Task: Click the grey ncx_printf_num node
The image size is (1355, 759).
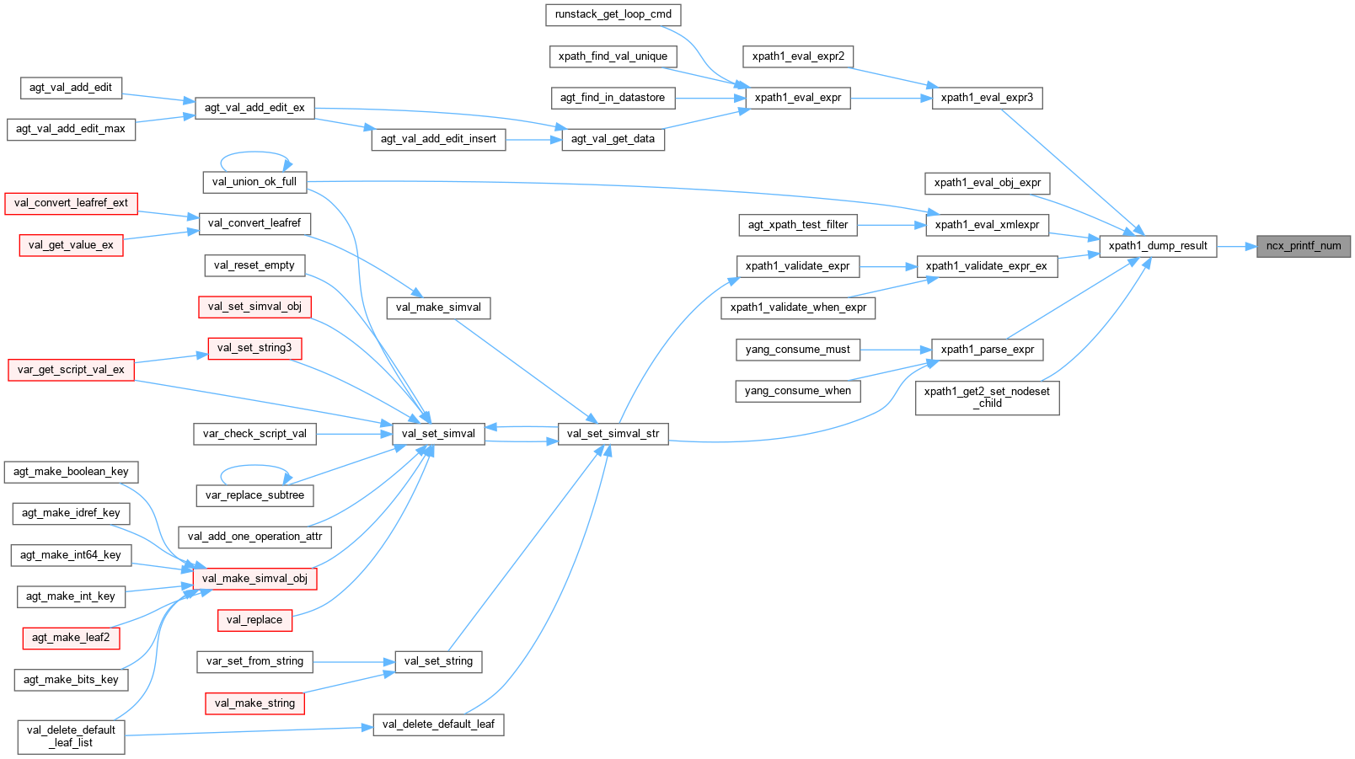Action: tap(1303, 246)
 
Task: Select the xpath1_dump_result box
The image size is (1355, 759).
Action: tap(1158, 246)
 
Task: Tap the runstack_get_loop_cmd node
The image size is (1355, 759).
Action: tap(613, 14)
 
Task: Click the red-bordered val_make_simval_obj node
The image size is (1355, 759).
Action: tap(254, 579)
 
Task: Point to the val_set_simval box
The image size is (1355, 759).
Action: tap(438, 434)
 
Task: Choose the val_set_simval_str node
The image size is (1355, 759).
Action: tap(613, 434)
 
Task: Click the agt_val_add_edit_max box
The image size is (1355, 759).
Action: tap(71, 129)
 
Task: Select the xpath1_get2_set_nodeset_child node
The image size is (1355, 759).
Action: tap(987, 398)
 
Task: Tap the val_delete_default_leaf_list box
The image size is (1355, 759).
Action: tap(71, 736)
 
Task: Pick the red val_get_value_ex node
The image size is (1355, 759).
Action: tap(71, 245)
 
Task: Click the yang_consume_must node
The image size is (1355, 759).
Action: tap(797, 350)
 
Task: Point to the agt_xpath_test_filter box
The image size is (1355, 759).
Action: tap(797, 225)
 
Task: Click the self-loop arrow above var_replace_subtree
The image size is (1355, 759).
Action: tap(254, 466)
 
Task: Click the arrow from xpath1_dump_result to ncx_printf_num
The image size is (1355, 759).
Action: tap(1236, 247)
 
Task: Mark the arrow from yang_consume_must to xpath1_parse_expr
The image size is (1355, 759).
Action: tap(895, 350)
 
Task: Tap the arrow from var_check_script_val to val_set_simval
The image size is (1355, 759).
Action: tap(354, 434)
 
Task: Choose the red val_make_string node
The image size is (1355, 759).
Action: tap(254, 703)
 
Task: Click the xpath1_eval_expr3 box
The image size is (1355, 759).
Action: tap(987, 98)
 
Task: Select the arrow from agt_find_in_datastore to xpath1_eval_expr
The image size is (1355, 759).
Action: tap(710, 98)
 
